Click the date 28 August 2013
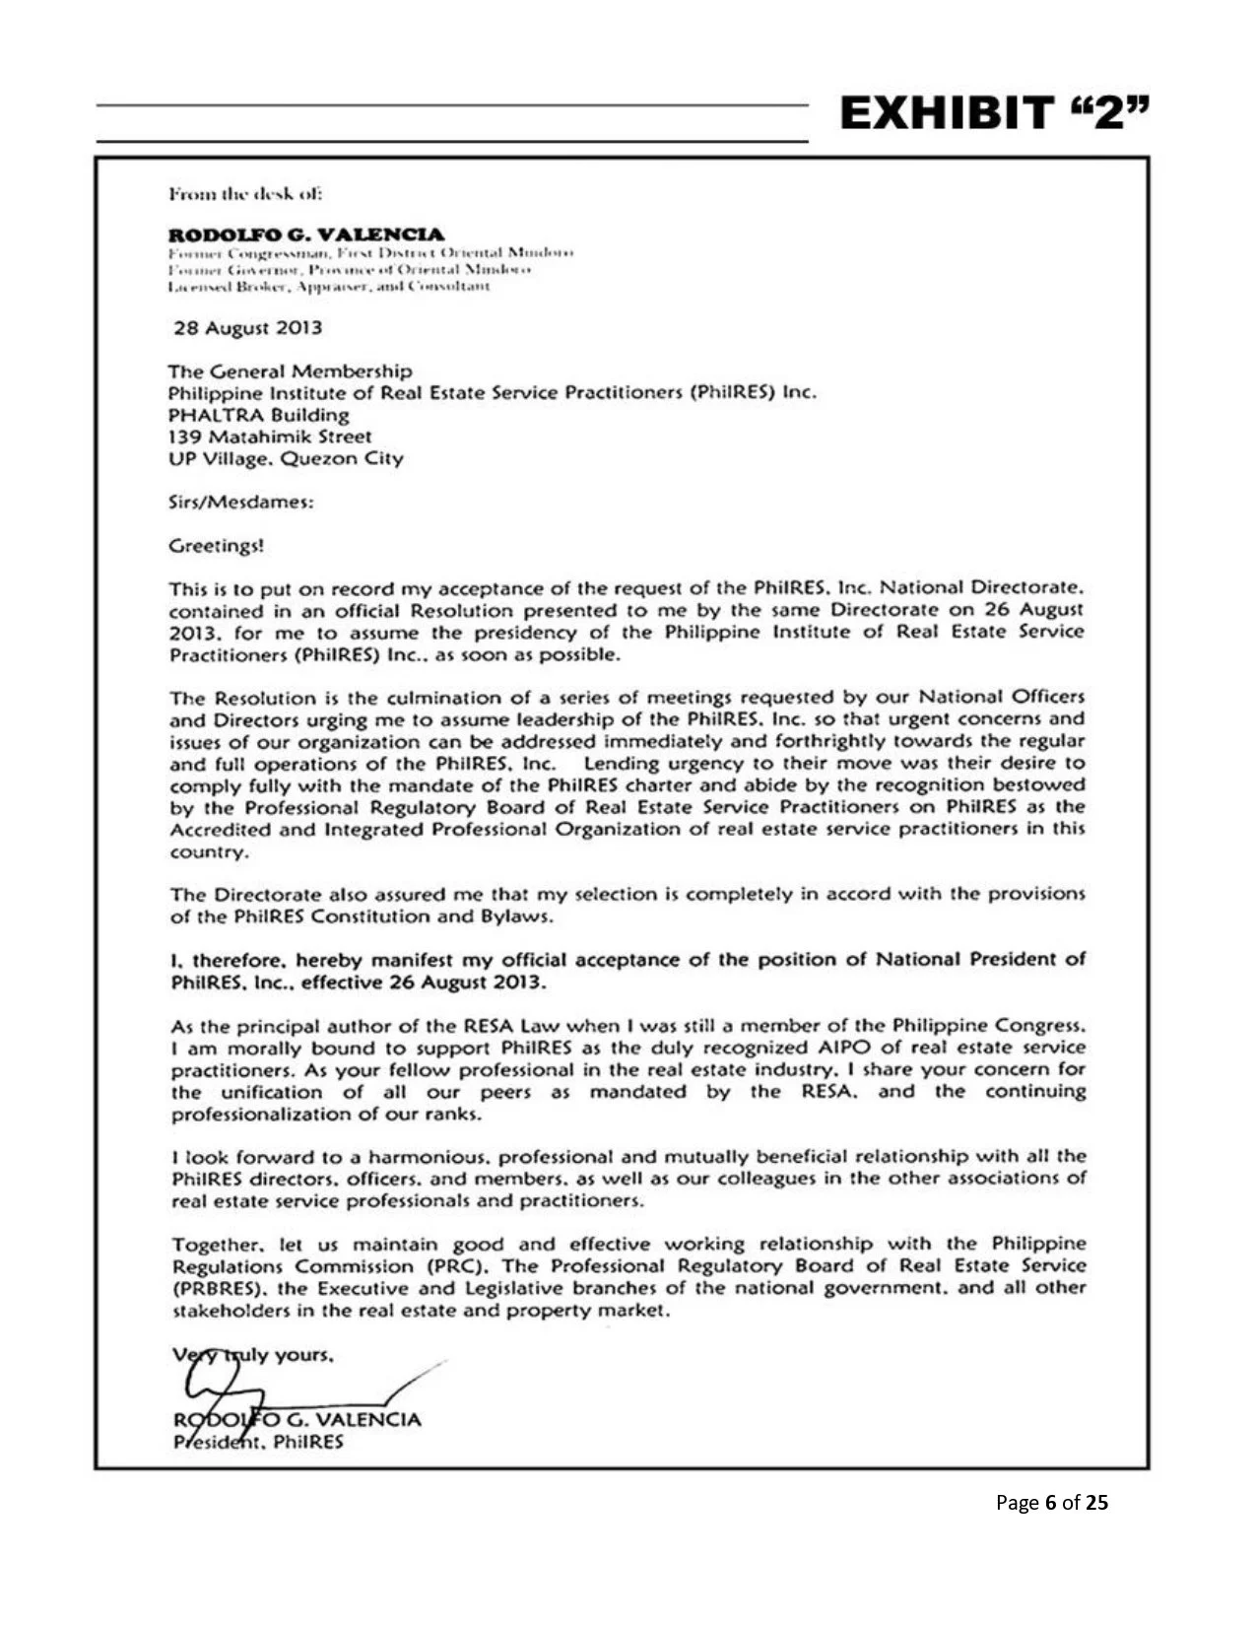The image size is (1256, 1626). click(x=247, y=327)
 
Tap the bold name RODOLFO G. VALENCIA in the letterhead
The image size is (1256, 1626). click(x=306, y=235)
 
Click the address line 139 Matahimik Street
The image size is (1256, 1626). click(x=270, y=437)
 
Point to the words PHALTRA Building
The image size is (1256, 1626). click(x=258, y=415)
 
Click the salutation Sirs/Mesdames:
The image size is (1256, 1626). click(x=241, y=502)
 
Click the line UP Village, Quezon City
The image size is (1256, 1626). click(x=286, y=458)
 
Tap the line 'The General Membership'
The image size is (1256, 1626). click(x=290, y=372)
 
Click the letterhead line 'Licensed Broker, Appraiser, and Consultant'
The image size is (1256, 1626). click(x=328, y=286)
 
